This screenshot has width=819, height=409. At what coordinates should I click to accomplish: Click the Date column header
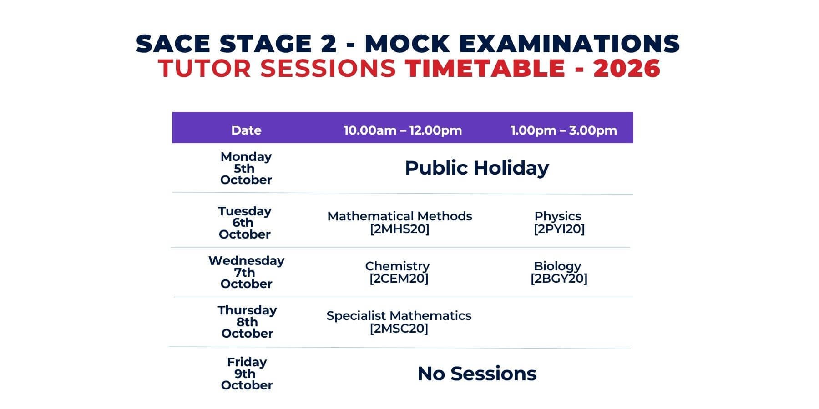click(x=246, y=130)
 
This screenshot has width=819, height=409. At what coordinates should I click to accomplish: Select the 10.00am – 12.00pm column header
click(x=403, y=130)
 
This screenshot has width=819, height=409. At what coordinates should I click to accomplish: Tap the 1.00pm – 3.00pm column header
click(x=564, y=130)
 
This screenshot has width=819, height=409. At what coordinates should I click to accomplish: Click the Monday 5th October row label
click(x=246, y=168)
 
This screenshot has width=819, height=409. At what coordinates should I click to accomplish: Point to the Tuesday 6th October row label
click(x=245, y=223)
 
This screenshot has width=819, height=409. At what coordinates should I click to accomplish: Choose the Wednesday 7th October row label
click(x=247, y=272)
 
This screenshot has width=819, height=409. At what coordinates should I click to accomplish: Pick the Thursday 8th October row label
click(x=247, y=322)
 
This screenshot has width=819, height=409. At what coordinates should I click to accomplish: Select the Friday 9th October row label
click(x=247, y=374)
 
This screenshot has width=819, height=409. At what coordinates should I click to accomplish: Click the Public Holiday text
click(x=477, y=168)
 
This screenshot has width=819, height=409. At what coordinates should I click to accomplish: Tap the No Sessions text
click(x=477, y=374)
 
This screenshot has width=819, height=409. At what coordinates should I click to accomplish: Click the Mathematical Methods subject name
click(x=399, y=216)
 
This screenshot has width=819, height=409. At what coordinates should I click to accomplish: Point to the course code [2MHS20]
click(x=399, y=229)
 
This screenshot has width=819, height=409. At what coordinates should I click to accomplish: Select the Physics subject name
click(x=558, y=217)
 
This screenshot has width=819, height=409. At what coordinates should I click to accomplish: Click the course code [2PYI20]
click(x=559, y=229)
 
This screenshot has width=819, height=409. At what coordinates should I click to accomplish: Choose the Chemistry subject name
click(x=397, y=266)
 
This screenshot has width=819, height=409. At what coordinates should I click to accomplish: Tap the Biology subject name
click(x=557, y=266)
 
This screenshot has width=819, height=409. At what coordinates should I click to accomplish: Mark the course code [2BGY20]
click(x=559, y=279)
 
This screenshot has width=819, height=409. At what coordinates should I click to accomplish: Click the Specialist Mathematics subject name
click(x=399, y=316)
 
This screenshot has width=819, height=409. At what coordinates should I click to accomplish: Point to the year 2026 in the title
click(x=627, y=68)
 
